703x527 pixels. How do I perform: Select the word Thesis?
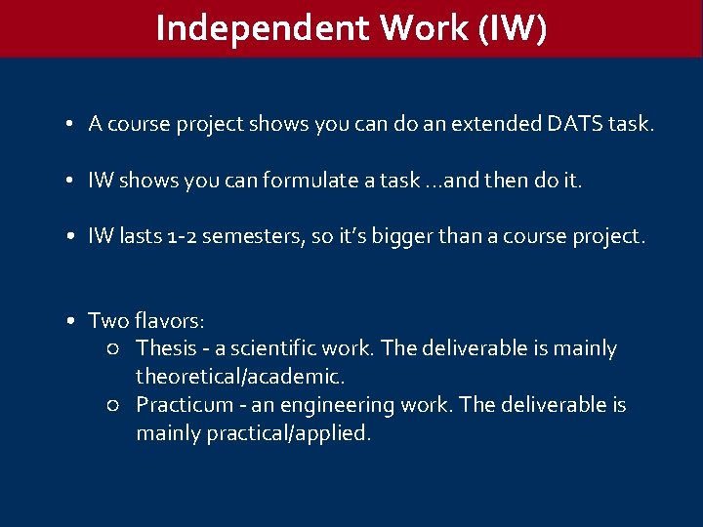coord(166,348)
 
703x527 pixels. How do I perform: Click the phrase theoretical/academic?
coord(240,376)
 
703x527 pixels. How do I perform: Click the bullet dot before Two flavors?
coord(72,321)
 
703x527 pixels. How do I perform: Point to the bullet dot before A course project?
coord(72,125)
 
